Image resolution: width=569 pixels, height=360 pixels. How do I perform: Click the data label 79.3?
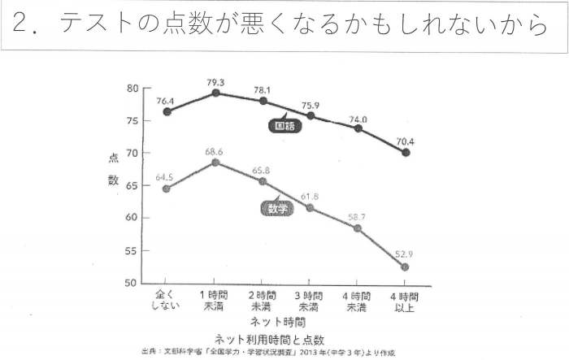click(x=215, y=83)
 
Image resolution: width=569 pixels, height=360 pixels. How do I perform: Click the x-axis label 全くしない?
click(x=166, y=299)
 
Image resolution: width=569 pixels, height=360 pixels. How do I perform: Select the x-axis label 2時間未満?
click(x=262, y=299)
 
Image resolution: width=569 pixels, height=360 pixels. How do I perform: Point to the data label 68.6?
click(x=215, y=152)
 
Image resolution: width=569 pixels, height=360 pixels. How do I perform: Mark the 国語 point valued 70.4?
click(x=406, y=152)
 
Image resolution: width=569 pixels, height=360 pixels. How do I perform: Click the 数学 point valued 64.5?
click(x=167, y=189)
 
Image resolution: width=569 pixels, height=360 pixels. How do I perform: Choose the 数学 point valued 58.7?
click(x=358, y=228)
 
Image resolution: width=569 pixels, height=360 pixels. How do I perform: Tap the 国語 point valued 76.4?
click(x=167, y=111)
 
